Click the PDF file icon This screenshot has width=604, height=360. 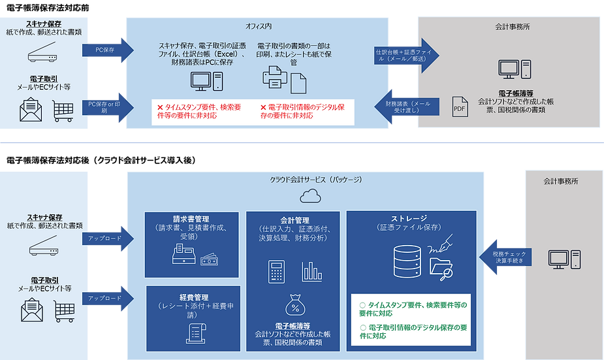click(460, 108)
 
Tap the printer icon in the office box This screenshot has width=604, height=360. click(275, 80)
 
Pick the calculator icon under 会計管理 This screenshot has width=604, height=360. click(276, 271)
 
